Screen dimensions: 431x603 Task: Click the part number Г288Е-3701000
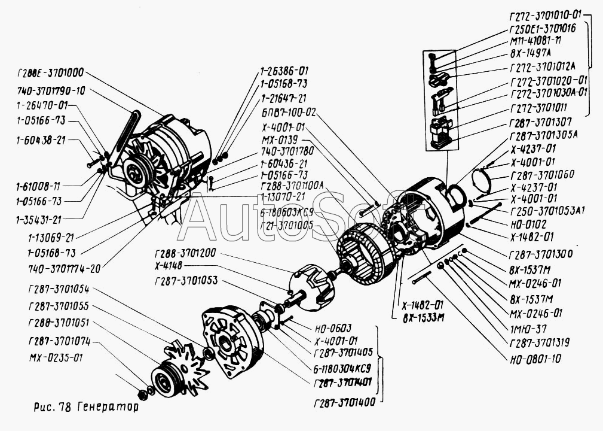pyautogui.click(x=51, y=72)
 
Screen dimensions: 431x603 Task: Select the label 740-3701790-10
pyautogui.click(x=51, y=91)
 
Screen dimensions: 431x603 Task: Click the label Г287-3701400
pyautogui.click(x=344, y=402)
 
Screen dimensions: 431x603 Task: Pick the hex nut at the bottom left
pyautogui.click(x=142, y=394)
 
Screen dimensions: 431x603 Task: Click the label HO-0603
pyautogui.click(x=332, y=327)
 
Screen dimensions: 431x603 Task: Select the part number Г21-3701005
pyautogui.click(x=287, y=225)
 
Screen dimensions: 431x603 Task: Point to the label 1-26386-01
pyautogui.click(x=284, y=70)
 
